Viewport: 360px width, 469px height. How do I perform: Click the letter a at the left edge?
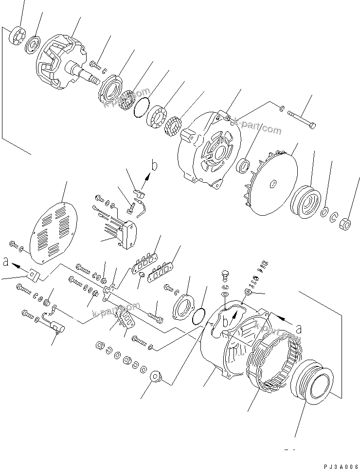point(5,262)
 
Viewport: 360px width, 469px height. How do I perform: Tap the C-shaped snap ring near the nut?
point(335,217)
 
